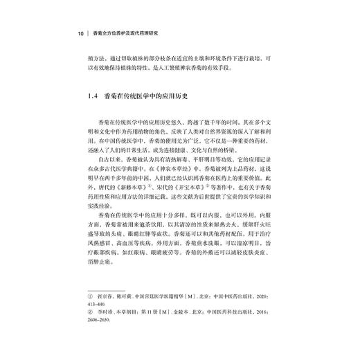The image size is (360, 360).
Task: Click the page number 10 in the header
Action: click(x=80, y=32)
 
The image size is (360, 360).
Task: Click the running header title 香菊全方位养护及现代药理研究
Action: click(x=133, y=32)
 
